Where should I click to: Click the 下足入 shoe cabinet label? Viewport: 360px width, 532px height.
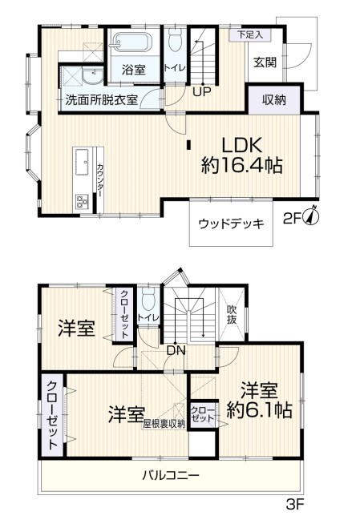click(x=251, y=34)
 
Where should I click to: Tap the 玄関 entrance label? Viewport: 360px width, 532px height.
click(x=265, y=62)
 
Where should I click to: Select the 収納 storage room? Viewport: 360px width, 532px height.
click(x=274, y=99)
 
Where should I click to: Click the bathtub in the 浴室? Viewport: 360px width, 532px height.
click(x=132, y=43)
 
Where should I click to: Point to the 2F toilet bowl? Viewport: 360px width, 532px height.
click(x=176, y=40)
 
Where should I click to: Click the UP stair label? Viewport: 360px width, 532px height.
click(x=202, y=91)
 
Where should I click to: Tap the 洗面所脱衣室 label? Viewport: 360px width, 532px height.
click(x=102, y=99)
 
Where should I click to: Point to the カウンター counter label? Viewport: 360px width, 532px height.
click(x=100, y=180)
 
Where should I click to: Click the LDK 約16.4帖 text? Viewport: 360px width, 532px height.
click(x=242, y=155)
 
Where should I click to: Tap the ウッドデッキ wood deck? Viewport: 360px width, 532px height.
click(x=231, y=223)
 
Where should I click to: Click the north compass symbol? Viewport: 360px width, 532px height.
click(x=312, y=216)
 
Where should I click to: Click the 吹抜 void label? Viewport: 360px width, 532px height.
click(x=232, y=315)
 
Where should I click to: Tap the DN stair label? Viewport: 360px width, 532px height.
click(x=176, y=351)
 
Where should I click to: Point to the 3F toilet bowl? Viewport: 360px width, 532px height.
click(x=148, y=300)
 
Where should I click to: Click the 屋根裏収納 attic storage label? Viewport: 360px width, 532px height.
click(x=164, y=424)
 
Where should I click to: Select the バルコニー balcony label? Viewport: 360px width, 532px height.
click(x=171, y=475)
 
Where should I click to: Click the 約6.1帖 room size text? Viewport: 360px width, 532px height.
click(x=259, y=411)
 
